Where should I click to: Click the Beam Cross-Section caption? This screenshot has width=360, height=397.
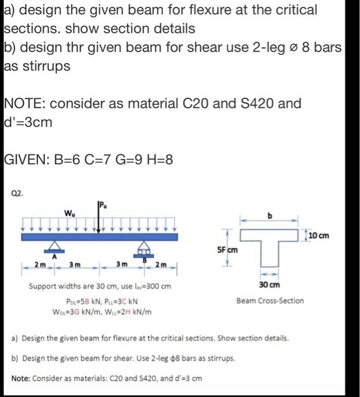pyautogui.click(x=270, y=301)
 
